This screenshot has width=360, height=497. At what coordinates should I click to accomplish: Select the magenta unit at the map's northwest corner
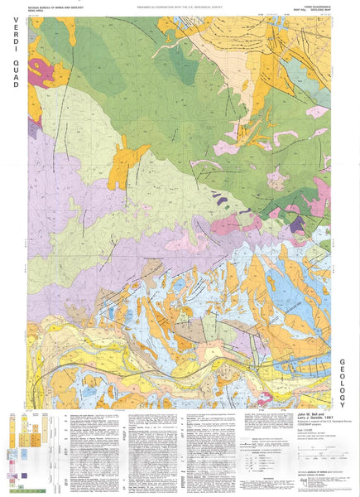pos(41,75)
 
